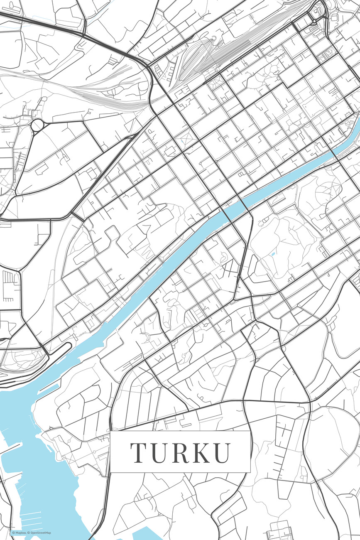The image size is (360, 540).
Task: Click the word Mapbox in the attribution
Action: tap(21, 533)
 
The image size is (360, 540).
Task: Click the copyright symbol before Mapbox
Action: tap(13, 533)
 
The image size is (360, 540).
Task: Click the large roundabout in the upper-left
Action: tap(37, 125)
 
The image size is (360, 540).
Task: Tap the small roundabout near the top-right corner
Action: tap(314, 21)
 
